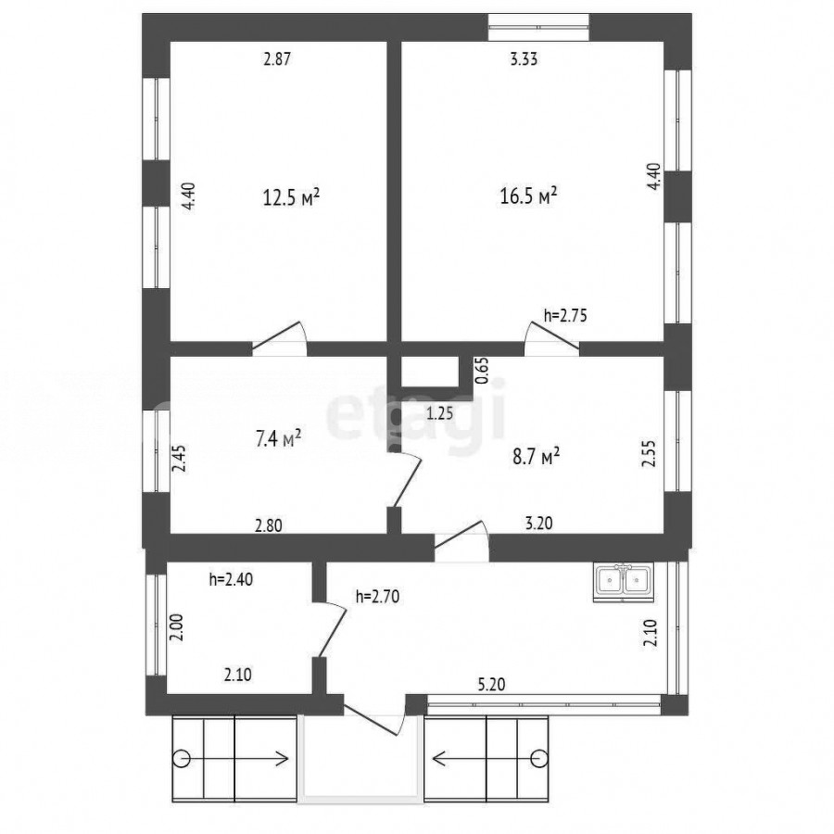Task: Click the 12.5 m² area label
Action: coord(292,197)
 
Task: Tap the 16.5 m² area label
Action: coord(528,196)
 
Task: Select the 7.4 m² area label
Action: coord(279,439)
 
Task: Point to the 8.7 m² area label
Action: coord(537,456)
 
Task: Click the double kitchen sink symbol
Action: coord(624,583)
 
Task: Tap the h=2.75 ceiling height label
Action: coord(565,315)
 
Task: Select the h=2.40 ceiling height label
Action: coord(231,578)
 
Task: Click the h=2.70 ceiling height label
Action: coord(377,597)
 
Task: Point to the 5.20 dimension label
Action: coord(491,684)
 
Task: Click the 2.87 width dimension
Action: coord(278,58)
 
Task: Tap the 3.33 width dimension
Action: coord(524,58)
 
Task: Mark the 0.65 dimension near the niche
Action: coord(481,370)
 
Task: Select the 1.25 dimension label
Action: coord(440,412)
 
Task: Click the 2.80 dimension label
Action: coord(269,525)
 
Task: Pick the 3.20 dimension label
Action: coord(538,523)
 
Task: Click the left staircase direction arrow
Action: coord(234,757)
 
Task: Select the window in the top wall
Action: coord(538,27)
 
